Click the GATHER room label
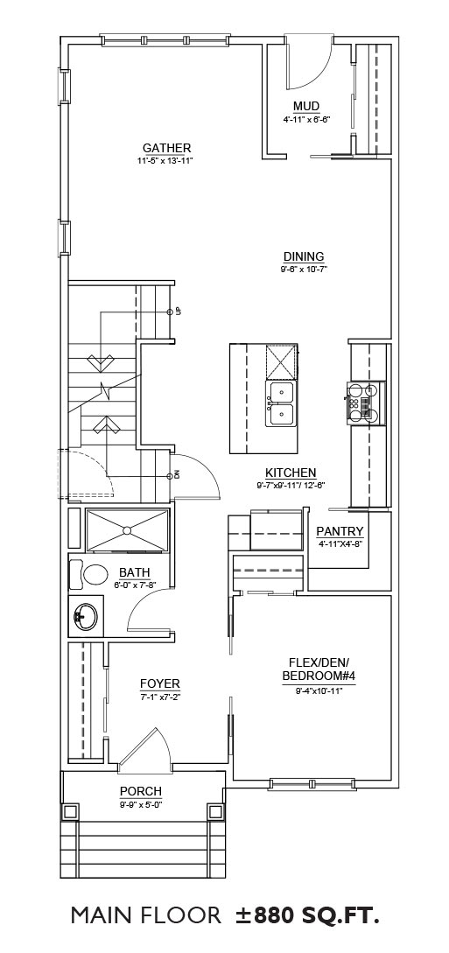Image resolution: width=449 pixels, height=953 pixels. (167, 148)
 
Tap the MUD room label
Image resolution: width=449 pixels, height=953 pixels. (306, 107)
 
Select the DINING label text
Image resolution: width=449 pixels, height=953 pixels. (304, 256)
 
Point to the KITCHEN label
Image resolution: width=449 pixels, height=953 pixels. (291, 473)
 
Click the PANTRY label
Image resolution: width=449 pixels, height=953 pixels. (340, 531)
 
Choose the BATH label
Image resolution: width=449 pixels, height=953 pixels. (134, 572)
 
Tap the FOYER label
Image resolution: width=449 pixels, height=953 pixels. (160, 683)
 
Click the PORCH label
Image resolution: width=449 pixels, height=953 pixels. (140, 791)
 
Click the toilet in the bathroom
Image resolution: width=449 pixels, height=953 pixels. (88, 574)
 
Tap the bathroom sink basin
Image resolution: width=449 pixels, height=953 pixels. (84, 616)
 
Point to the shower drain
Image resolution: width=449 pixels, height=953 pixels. (127, 530)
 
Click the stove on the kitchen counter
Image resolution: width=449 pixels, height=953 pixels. (366, 403)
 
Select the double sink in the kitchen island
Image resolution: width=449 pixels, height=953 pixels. (281, 403)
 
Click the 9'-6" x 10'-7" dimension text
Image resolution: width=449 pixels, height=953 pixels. (305, 270)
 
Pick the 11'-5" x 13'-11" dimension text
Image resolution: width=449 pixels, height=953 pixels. (167, 160)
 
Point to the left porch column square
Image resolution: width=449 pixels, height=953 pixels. (71, 811)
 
